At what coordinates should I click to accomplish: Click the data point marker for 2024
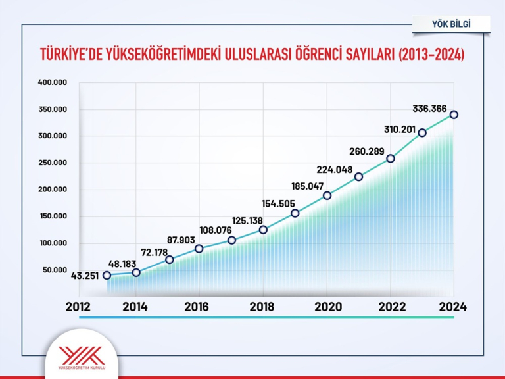(454, 114)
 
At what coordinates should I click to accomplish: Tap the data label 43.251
(85, 276)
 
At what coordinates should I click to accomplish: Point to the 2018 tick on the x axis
(263, 307)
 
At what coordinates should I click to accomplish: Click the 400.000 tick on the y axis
(53, 82)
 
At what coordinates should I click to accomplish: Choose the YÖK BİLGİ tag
(451, 24)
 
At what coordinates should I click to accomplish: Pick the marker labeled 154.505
(295, 213)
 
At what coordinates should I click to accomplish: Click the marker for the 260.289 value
(391, 159)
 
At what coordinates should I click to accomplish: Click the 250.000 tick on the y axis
(53, 163)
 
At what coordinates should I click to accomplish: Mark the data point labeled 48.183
(136, 272)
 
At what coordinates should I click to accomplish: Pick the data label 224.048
(335, 168)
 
